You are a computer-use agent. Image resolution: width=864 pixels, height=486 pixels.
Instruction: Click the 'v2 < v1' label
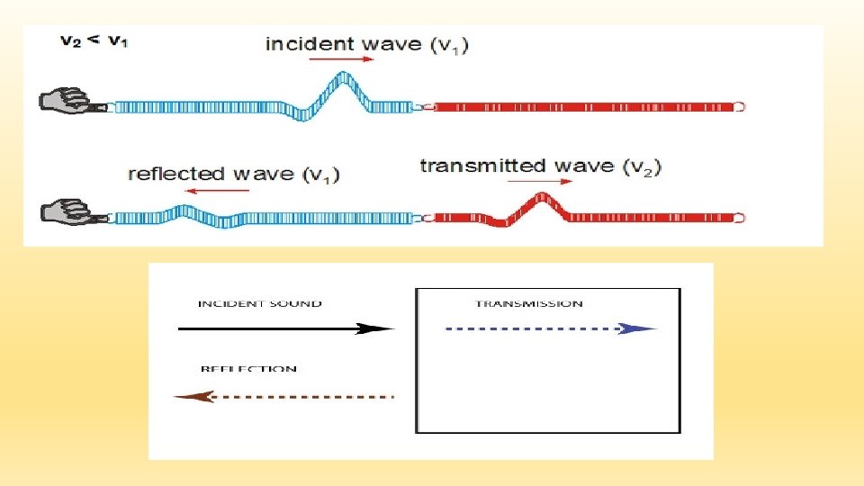pyautogui.click(x=94, y=40)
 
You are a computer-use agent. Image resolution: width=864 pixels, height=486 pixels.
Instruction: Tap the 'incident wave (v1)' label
pyautogui.click(x=367, y=43)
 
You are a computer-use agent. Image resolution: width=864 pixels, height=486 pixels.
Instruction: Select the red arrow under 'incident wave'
pyautogui.click(x=340, y=59)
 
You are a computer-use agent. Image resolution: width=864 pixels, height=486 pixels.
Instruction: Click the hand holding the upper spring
pyautogui.click(x=65, y=100)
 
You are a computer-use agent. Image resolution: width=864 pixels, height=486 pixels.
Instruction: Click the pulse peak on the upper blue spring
pyautogui.click(x=340, y=83)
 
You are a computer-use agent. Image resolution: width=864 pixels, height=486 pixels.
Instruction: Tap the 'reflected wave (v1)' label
pyautogui.click(x=234, y=174)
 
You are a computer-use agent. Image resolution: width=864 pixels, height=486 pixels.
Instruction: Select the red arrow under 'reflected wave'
pyautogui.click(x=221, y=190)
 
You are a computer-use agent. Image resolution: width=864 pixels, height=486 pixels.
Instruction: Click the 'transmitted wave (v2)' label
pyautogui.click(x=541, y=166)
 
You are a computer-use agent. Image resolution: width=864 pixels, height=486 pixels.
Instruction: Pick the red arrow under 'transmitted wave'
pyautogui.click(x=539, y=181)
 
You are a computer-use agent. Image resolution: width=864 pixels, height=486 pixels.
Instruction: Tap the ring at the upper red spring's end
pyautogui.click(x=739, y=106)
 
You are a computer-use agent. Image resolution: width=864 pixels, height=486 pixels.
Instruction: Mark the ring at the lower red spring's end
pyautogui.click(x=739, y=217)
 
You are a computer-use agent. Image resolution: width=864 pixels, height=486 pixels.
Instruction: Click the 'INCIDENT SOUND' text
pyautogui.click(x=259, y=304)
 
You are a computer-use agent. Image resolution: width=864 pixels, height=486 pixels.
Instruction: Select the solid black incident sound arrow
pyautogui.click(x=287, y=328)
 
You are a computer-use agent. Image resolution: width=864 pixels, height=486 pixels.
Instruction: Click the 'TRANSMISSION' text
pyautogui.click(x=528, y=304)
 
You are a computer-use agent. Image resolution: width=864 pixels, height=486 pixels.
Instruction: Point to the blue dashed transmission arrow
pyautogui.click(x=552, y=328)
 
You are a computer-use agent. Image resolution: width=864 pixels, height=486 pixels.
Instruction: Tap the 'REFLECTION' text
pyautogui.click(x=248, y=369)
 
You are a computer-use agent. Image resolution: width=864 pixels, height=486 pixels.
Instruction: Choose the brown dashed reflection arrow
pyautogui.click(x=283, y=396)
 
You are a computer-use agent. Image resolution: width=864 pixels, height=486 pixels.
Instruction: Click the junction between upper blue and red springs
pyautogui.click(x=425, y=106)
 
